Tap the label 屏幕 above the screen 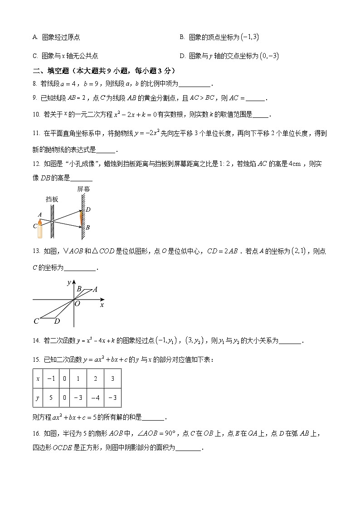(83, 189)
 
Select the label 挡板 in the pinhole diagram (52, 199)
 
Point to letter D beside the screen (88, 209)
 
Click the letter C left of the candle (35, 225)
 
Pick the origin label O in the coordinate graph (77, 304)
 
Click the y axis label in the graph (68, 283)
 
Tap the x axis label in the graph (102, 305)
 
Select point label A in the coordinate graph (95, 289)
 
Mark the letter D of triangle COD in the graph (57, 321)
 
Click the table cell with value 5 (51, 398)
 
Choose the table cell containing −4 (95, 398)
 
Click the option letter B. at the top (182, 37)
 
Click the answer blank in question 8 (195, 84)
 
